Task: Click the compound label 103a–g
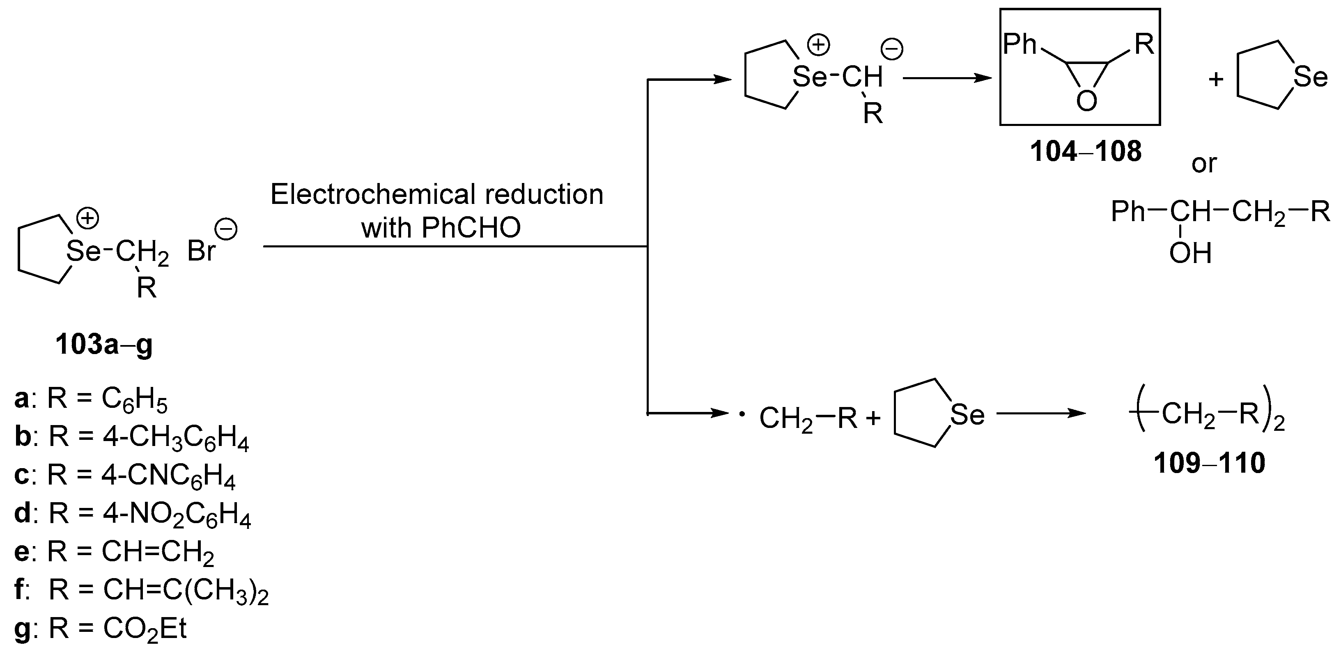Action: (104, 345)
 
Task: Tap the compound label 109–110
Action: (1209, 463)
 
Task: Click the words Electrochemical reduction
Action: (436, 194)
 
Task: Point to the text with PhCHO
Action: (441, 228)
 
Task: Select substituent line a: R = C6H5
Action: (91, 400)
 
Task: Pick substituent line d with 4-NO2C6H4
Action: (133, 514)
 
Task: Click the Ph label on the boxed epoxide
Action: (1020, 45)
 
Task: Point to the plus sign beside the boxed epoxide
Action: (1215, 80)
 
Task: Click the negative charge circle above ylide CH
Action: (892, 49)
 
